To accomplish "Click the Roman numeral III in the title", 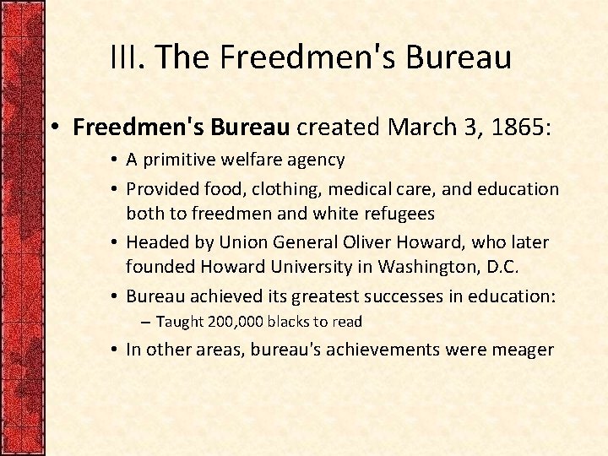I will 128,57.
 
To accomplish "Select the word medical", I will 362,190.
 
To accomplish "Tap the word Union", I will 244,243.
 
